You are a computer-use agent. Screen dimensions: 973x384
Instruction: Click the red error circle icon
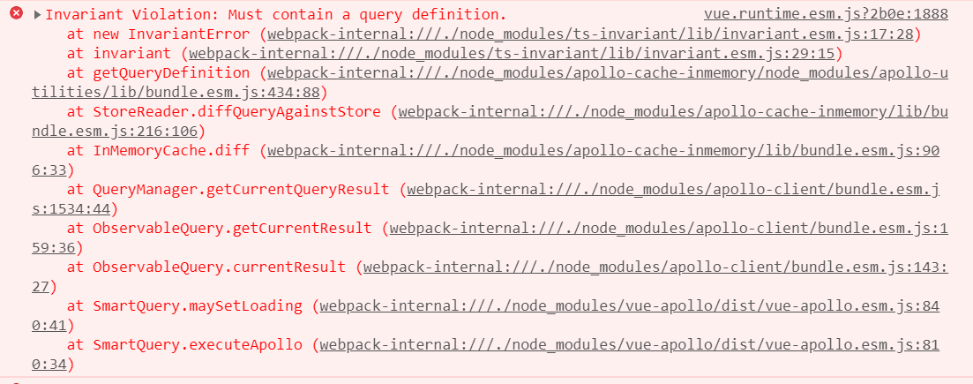[x=17, y=13]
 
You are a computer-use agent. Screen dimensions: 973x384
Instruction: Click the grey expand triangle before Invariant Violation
[x=37, y=13]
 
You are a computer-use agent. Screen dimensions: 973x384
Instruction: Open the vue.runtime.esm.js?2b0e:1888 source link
[x=826, y=13]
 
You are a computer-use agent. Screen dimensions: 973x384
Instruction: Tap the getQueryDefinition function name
[x=171, y=72]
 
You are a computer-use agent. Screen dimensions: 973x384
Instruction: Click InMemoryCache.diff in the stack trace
[x=171, y=150]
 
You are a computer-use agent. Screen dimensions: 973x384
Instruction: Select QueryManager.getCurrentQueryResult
[x=241, y=190]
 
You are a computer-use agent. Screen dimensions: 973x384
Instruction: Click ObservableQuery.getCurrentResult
[x=232, y=228]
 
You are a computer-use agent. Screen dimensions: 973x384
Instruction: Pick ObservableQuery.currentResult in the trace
[x=219, y=267]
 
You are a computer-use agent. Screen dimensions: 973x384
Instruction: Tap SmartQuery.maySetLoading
[x=198, y=305]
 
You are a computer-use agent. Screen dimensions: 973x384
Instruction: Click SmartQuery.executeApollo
[x=198, y=345]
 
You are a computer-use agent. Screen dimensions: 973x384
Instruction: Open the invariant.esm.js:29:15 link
[x=512, y=54]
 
